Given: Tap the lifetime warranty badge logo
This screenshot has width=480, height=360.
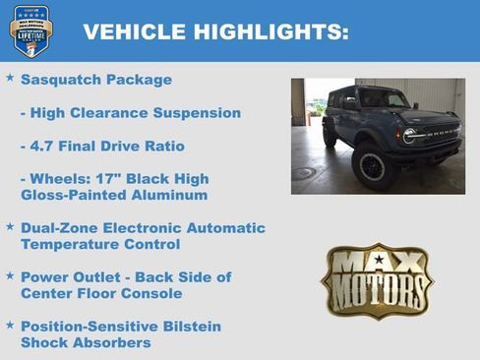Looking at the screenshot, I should click(x=31, y=30).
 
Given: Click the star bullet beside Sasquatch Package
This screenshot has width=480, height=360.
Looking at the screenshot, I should click(x=10, y=77).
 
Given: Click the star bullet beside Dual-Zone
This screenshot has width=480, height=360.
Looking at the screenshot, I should click(x=10, y=225).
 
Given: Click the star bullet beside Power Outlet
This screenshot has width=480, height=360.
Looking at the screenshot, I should click(x=10, y=274).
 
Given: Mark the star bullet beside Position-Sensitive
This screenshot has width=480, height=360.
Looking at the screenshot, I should click(x=10, y=324).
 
